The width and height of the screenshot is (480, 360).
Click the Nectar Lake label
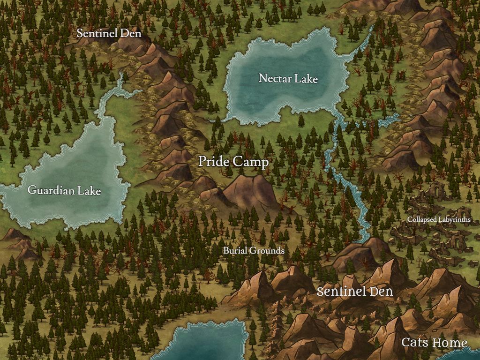click(288, 78)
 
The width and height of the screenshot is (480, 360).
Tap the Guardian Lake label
click(64, 191)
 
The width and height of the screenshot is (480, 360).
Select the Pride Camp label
click(233, 162)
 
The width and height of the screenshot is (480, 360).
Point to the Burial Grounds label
click(254, 250)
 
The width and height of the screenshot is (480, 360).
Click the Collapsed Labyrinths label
click(439, 219)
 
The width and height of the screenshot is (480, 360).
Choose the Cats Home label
click(434, 343)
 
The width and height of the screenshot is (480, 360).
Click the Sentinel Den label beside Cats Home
click(354, 291)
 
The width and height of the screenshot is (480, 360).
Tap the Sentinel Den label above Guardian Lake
click(109, 33)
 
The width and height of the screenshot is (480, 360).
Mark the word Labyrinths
click(455, 219)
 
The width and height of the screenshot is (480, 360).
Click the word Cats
click(415, 343)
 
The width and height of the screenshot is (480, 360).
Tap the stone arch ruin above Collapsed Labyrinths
click(438, 190)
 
